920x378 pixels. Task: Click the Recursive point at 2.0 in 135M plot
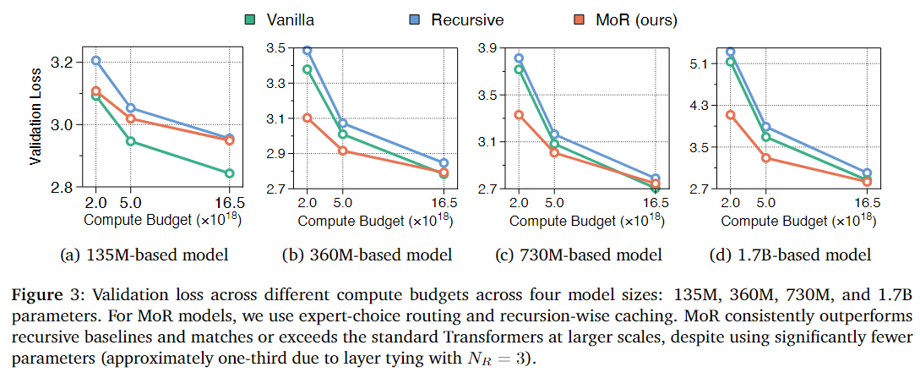tap(96, 61)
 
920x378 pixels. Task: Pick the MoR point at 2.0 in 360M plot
tap(308, 118)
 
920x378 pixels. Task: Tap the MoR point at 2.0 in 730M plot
tap(519, 115)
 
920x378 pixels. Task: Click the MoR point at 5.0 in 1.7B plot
tap(766, 158)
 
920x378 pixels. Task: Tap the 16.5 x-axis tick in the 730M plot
tap(655, 203)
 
